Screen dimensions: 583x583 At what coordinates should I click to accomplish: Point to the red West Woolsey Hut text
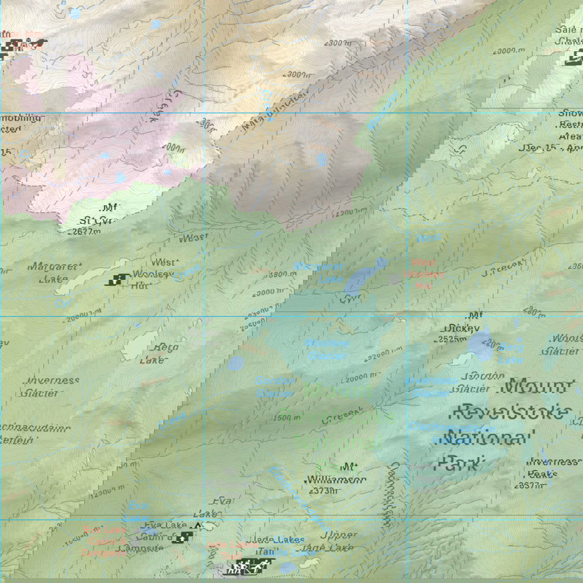(424, 274)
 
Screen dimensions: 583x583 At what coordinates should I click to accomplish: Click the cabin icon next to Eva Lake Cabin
(186, 537)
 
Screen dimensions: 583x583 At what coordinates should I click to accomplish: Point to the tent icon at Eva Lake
(197, 526)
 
